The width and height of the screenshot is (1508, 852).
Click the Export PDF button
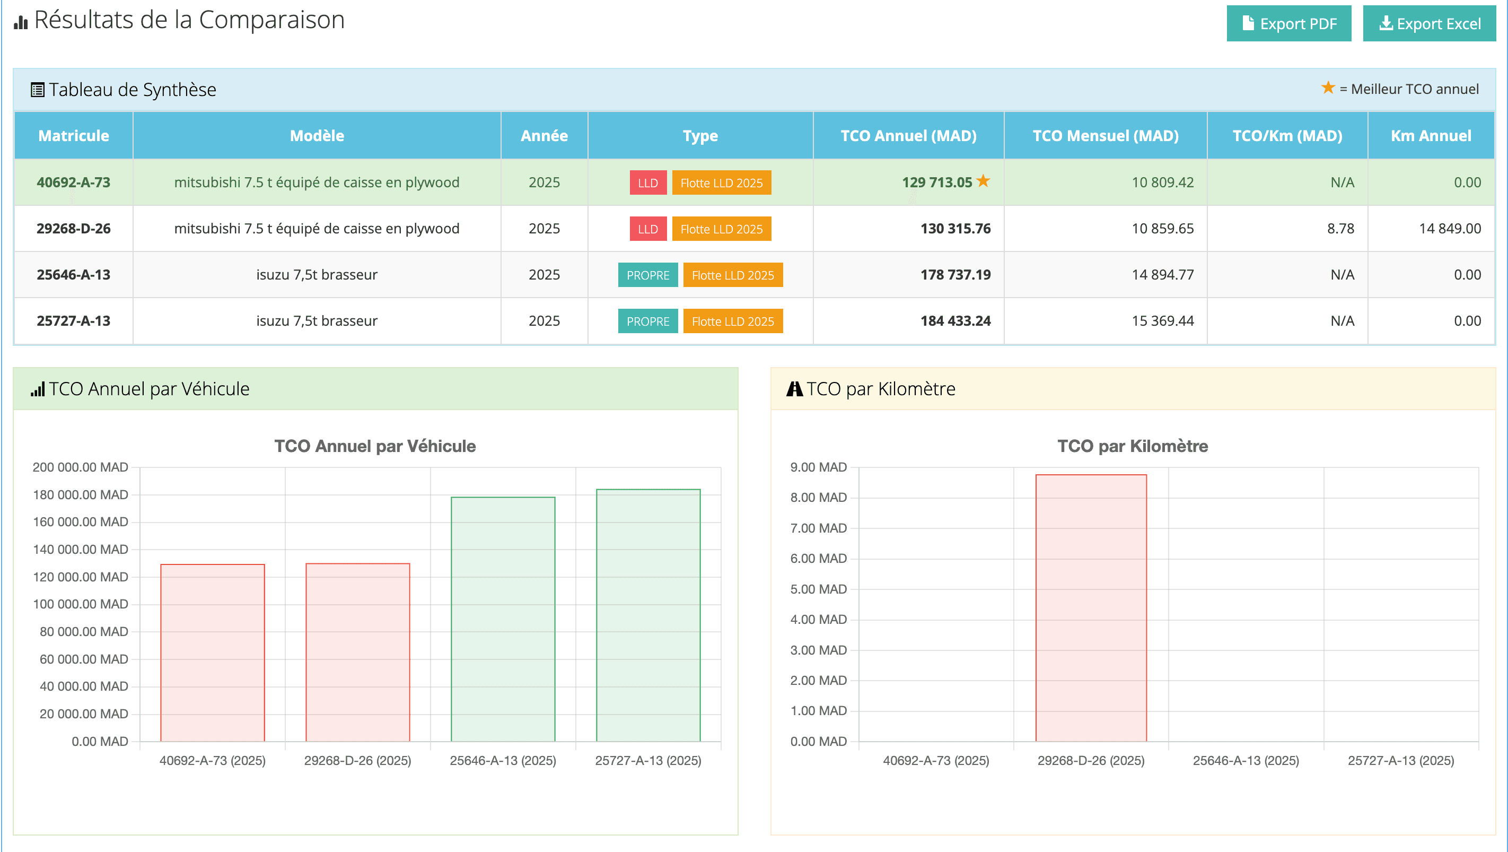point(1288,23)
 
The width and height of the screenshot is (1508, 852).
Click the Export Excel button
point(1428,23)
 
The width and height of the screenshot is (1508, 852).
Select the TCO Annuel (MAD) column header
point(908,136)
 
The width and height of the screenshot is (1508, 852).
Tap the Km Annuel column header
point(1430,136)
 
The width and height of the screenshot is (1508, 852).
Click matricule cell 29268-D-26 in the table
point(73,228)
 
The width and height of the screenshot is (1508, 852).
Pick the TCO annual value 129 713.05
point(936,182)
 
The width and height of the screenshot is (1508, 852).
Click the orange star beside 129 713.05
point(984,181)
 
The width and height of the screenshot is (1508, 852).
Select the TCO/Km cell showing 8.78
point(1340,228)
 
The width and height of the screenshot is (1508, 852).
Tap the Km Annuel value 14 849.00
point(1450,228)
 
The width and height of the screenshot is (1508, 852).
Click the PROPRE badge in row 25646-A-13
point(647,275)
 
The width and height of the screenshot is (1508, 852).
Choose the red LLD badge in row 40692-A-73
point(647,182)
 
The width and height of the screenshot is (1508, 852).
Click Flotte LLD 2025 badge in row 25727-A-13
point(732,321)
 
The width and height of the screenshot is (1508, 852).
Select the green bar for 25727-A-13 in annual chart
point(648,615)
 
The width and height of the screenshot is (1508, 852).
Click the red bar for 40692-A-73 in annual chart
point(213,653)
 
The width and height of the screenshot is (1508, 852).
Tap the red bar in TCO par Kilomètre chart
point(1091,609)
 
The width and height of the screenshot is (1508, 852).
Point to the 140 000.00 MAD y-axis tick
point(80,549)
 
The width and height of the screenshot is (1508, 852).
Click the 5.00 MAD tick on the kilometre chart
point(818,589)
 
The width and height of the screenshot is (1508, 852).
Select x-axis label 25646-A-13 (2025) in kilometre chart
point(1245,760)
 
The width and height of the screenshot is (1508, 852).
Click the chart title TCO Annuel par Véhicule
point(375,446)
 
